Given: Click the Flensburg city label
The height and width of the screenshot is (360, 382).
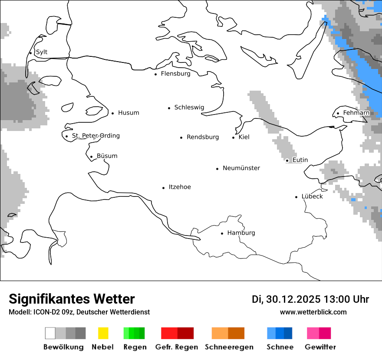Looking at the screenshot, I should (x=175, y=74).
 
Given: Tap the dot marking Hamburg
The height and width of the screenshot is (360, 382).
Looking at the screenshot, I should (x=222, y=233).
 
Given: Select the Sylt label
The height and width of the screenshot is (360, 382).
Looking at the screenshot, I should (x=42, y=52).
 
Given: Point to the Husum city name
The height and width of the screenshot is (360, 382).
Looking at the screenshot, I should (x=128, y=113).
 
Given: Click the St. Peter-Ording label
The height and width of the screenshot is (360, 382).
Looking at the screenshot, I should (x=95, y=136).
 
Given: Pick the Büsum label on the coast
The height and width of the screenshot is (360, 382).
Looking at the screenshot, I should (x=107, y=156).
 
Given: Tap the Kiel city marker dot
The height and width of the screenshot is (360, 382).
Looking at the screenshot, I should (x=233, y=137).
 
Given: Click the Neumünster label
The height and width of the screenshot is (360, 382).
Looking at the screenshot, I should (x=241, y=168).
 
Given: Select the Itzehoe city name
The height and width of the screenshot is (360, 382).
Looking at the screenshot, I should (x=180, y=187).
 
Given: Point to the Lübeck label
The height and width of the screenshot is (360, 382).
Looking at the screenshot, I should (x=312, y=196).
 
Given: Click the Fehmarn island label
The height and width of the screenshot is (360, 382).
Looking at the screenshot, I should (x=356, y=113).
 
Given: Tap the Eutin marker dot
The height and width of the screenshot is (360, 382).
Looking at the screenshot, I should (x=287, y=160).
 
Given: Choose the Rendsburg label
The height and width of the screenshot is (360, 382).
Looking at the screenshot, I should (x=203, y=137).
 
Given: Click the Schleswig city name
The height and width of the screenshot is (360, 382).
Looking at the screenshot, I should (x=189, y=108).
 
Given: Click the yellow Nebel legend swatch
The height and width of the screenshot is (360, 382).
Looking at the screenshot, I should (x=103, y=333).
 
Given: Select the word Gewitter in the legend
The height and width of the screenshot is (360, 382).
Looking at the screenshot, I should (x=320, y=347).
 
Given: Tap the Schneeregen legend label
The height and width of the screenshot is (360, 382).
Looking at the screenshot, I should (x=229, y=347).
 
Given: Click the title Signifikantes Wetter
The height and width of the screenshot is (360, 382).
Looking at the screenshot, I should (x=72, y=299).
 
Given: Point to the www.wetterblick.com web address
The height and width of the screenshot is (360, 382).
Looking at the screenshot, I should (x=313, y=312).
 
